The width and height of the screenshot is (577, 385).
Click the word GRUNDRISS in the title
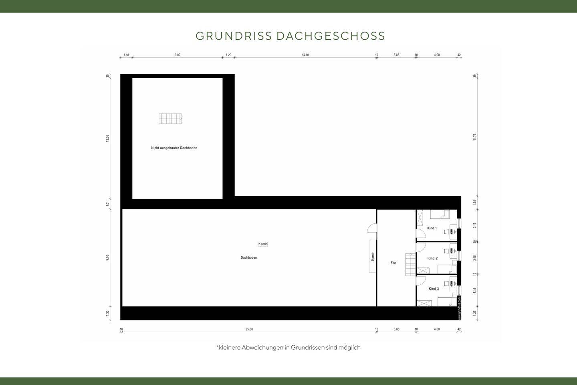pos(234,36)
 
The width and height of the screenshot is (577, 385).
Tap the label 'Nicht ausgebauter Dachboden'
pos(174,148)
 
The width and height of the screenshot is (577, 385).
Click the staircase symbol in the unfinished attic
pos(170,119)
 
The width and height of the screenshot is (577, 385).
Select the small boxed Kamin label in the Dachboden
pos(263,244)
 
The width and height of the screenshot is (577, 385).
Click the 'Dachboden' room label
pos(249,257)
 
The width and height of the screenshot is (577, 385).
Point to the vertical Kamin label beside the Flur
pos(373,256)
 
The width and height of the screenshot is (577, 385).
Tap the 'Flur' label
pos(393,263)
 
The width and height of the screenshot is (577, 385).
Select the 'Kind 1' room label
pos(432,228)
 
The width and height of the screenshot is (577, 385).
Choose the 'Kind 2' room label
pos(432,258)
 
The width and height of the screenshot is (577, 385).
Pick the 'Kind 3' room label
pos(434,289)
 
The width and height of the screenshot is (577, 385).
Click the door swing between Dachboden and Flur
pos(372,228)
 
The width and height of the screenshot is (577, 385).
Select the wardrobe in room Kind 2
pos(423,270)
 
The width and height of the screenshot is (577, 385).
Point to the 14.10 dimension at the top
pos(305,55)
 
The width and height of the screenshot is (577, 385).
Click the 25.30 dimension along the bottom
pos(249,329)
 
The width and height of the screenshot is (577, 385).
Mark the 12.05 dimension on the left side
pos(107,138)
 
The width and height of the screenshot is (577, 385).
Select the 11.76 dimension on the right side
pos(475,137)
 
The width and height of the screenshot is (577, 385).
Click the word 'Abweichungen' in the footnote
pos(262,348)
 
